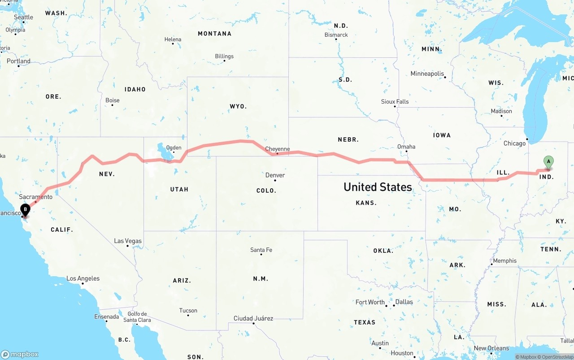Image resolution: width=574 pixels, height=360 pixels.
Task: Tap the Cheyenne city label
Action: (278, 149)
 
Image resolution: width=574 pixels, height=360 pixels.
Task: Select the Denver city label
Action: (275, 175)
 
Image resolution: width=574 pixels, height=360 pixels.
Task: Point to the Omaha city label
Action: (406, 147)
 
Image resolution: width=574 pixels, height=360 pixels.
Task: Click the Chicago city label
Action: (514, 143)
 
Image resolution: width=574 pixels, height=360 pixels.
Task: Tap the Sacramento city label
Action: (35, 197)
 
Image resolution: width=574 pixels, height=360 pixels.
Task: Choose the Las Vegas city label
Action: (128, 241)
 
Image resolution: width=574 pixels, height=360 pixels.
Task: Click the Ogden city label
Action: (174, 147)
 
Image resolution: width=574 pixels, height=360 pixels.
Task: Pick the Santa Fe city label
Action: (261, 250)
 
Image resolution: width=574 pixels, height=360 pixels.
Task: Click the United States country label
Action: (378, 187)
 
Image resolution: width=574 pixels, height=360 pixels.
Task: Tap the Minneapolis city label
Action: (427, 74)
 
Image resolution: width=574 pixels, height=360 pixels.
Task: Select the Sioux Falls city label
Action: (395, 102)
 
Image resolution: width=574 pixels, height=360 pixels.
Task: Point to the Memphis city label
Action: (505, 260)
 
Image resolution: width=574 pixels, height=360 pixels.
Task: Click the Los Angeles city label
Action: (83, 278)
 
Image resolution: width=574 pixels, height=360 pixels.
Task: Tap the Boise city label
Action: (113, 100)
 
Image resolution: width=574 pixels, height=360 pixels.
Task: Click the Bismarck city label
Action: (336, 35)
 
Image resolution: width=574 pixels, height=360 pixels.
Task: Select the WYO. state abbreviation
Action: (238, 106)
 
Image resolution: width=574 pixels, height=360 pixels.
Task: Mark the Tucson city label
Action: (188, 310)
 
